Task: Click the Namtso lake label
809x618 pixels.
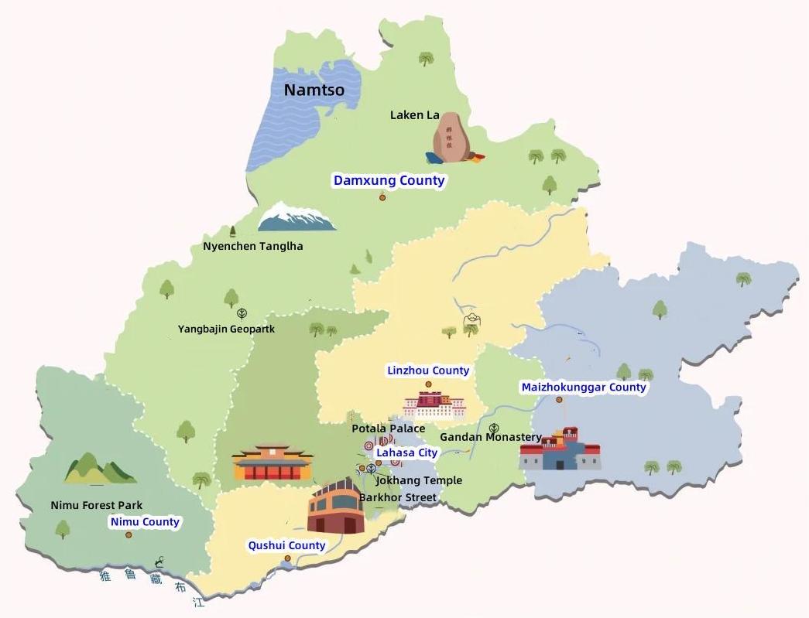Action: [x=314, y=90]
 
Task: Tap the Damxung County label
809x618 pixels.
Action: [x=389, y=180]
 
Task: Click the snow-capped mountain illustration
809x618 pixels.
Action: [x=297, y=217]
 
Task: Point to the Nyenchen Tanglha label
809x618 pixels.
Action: [x=252, y=246]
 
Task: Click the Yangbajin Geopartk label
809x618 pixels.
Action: [x=226, y=329]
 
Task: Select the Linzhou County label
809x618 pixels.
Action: [x=428, y=370]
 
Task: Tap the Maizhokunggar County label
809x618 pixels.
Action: [x=583, y=387]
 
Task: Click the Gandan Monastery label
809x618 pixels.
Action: [x=491, y=437]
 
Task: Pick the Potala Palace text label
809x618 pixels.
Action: [x=388, y=429]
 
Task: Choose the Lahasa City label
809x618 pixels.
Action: [x=406, y=452]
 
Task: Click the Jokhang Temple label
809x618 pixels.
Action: [x=419, y=480]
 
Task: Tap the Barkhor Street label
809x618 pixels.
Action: [x=398, y=497]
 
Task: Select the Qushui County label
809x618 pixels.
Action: [x=286, y=545]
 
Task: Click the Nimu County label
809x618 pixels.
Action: [x=145, y=522]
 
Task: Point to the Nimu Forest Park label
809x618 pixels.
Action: [x=97, y=505]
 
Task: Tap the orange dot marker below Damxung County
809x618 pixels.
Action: [x=382, y=198]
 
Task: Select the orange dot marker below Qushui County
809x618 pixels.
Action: [x=287, y=558]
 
